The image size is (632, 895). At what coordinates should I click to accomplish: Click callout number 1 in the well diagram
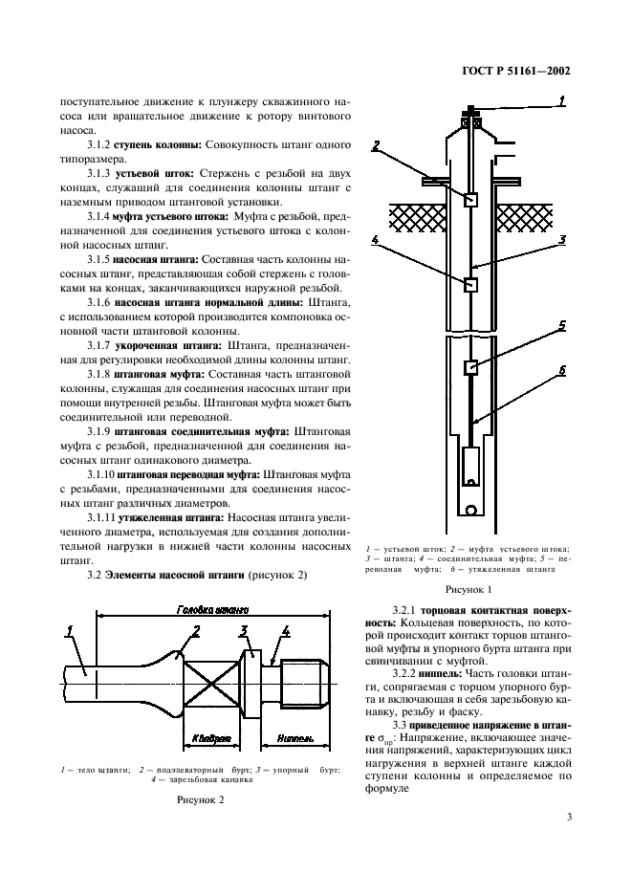[x=561, y=99]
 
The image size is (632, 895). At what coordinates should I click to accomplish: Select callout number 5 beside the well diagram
[x=563, y=325]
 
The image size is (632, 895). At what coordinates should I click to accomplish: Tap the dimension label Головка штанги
[x=211, y=609]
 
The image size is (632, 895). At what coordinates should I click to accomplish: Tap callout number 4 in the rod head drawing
[x=286, y=632]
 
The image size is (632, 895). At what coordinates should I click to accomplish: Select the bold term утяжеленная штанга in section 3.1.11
[x=173, y=517]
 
